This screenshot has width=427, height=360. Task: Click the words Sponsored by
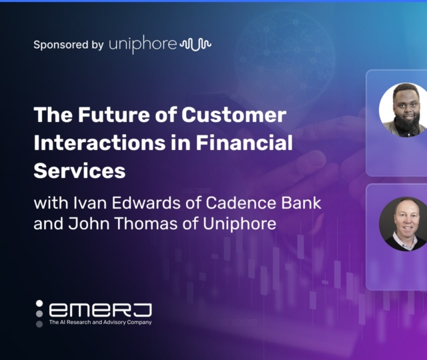tap(68, 45)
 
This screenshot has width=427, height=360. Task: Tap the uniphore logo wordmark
tap(143, 45)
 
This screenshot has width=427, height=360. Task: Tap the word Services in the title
tap(79, 171)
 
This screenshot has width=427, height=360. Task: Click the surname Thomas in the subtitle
tap(143, 223)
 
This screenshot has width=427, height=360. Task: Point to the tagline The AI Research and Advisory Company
tap(100, 323)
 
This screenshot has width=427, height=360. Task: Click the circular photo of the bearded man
tap(403, 110)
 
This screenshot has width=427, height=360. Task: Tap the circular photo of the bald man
tap(403, 224)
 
